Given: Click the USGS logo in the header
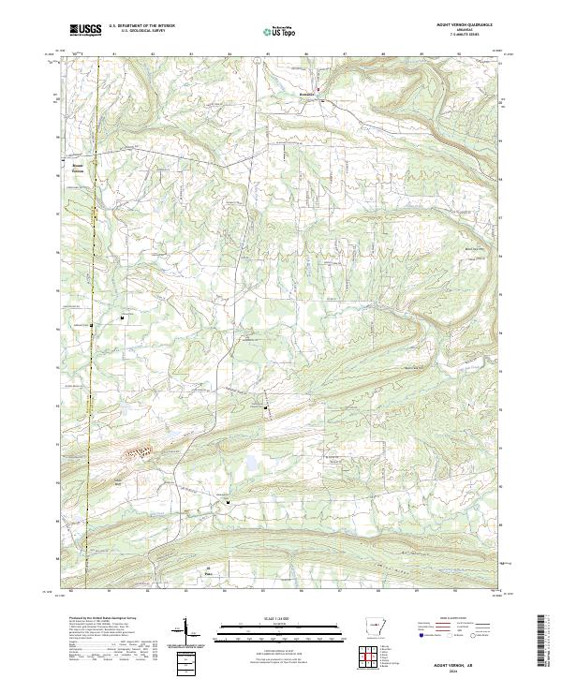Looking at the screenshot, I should [86, 30].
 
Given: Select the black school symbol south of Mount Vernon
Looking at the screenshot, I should [122, 318].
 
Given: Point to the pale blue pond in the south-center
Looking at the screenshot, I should [253, 464].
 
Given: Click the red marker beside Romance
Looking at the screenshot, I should [318, 91].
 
